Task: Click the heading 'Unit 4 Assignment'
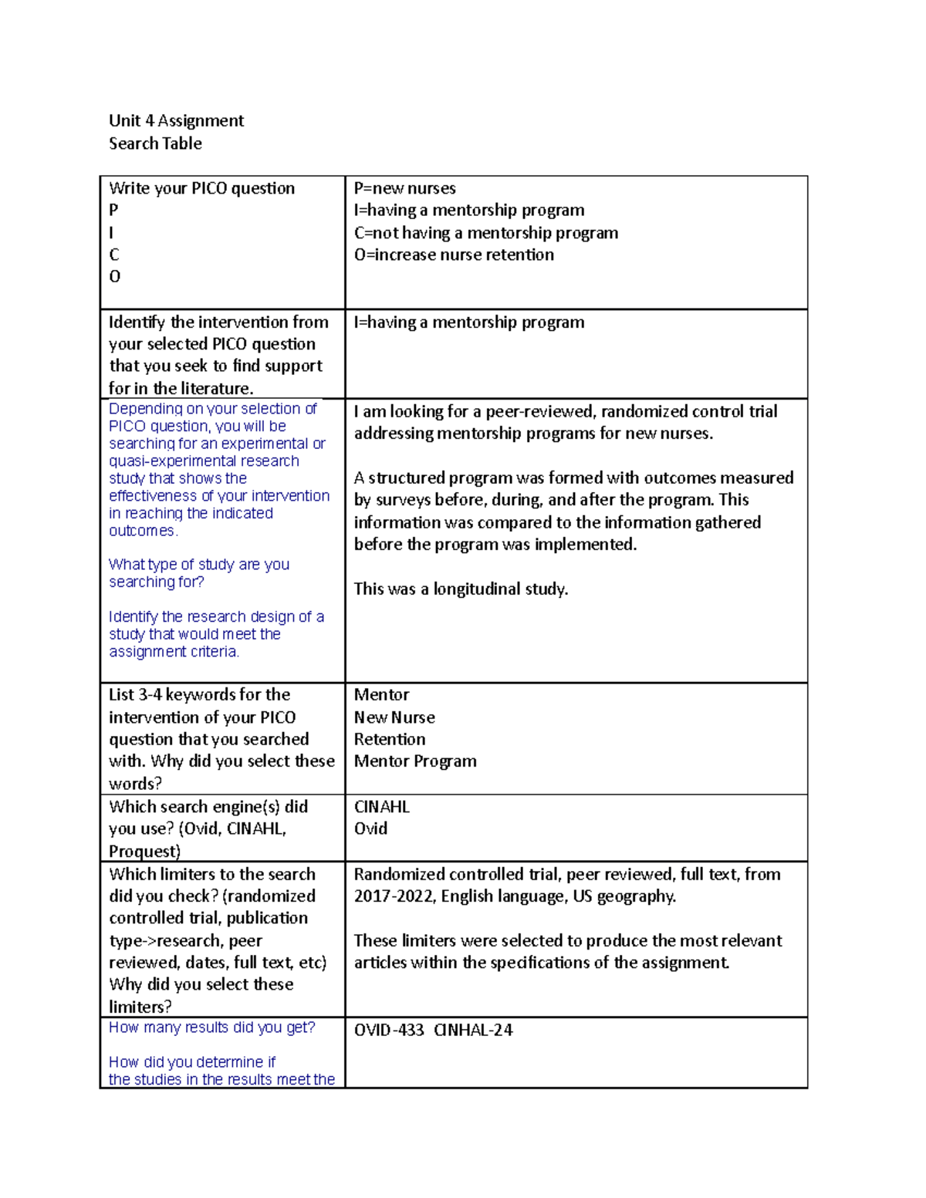(x=176, y=120)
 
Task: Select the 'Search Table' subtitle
(x=155, y=143)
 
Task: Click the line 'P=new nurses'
(x=404, y=188)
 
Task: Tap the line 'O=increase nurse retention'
(x=454, y=255)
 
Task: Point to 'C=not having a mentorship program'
(x=485, y=233)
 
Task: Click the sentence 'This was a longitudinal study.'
(x=461, y=589)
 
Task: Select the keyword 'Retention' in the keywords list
(x=389, y=739)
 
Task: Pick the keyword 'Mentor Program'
(x=414, y=761)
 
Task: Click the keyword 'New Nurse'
(x=394, y=717)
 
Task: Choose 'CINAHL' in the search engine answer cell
(x=381, y=807)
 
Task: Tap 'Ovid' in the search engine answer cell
(x=370, y=828)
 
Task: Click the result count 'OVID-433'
(x=389, y=1031)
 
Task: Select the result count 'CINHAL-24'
(x=473, y=1031)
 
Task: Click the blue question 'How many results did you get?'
(x=211, y=1028)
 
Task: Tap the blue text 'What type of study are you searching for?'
(x=198, y=573)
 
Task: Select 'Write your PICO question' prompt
(x=201, y=188)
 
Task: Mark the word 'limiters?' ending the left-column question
(x=140, y=1007)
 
